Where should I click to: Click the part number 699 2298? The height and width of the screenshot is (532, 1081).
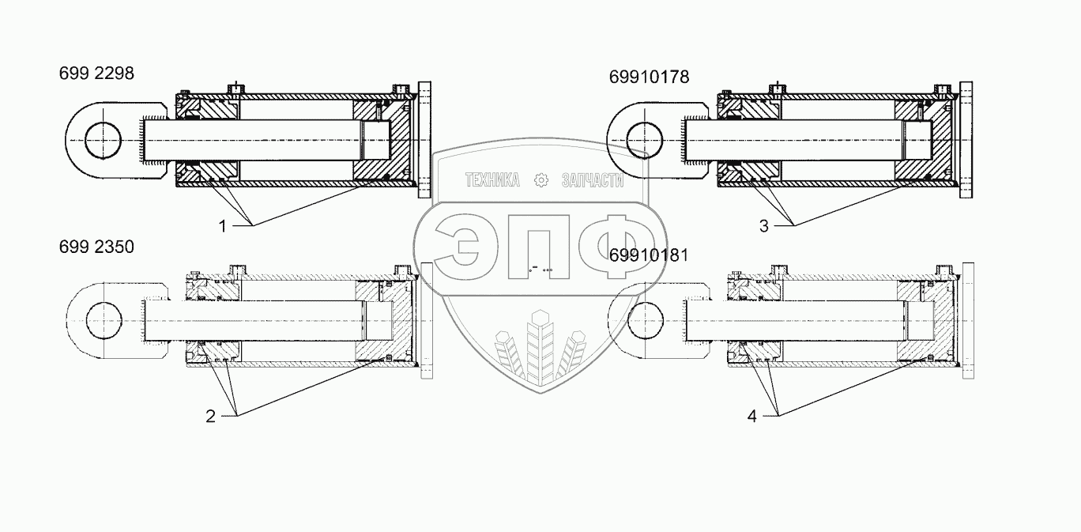(96, 74)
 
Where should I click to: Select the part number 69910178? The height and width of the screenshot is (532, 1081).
(649, 77)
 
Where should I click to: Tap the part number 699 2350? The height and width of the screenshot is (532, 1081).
(96, 247)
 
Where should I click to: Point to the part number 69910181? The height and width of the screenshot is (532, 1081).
(650, 255)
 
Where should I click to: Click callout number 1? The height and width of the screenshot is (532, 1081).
(223, 226)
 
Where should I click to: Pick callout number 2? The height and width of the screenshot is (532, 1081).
(210, 416)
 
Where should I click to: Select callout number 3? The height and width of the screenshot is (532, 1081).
(763, 226)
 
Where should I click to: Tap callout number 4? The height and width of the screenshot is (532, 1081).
(751, 416)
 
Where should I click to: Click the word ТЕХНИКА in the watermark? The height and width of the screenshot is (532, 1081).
(492, 181)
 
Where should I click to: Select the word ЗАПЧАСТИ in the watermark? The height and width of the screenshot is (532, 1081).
(592, 181)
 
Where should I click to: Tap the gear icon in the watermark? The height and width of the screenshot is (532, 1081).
(541, 180)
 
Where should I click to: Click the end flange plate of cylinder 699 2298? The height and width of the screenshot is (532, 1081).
(425, 141)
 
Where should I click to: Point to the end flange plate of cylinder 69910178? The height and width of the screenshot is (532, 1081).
(965, 141)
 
